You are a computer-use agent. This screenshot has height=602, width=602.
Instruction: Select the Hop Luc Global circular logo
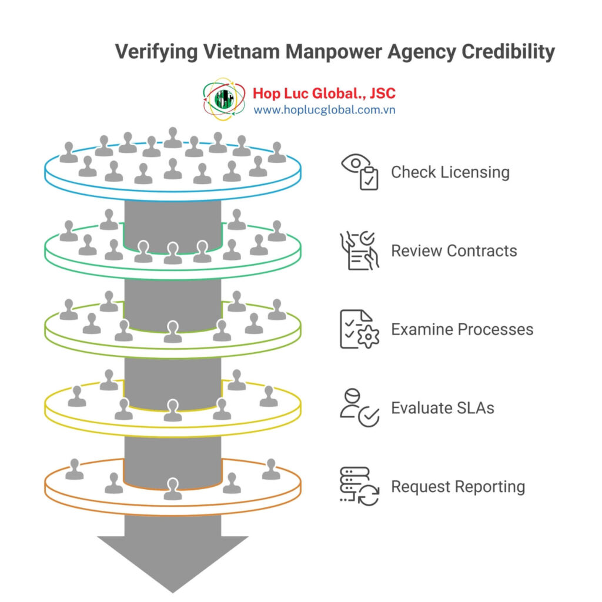[x=225, y=99]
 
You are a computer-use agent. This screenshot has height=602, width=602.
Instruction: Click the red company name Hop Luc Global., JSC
[x=324, y=93]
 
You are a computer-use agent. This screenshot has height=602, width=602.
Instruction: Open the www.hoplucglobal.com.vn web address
[x=324, y=110]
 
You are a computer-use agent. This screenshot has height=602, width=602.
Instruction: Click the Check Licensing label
[x=450, y=172]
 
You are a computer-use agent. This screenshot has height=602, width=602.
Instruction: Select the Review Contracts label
[x=454, y=250]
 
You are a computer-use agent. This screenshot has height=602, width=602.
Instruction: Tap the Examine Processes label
[x=462, y=329]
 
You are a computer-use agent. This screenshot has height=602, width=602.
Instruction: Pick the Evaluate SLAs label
[x=442, y=408]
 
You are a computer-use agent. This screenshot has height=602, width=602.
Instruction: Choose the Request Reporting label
[x=458, y=487]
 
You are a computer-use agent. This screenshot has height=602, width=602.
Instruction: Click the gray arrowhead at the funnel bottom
[x=172, y=558]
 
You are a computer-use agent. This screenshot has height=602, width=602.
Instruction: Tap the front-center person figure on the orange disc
[x=172, y=489]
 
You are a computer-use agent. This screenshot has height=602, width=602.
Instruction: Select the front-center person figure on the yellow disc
[x=172, y=410]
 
